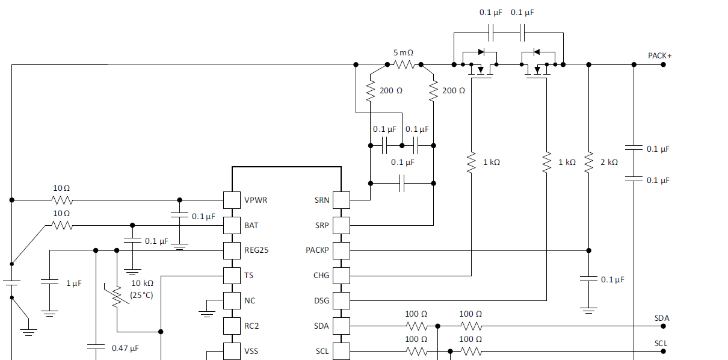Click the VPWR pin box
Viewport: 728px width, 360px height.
coord(232,200)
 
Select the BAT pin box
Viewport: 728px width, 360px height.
coord(232,225)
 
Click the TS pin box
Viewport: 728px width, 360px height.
coord(232,276)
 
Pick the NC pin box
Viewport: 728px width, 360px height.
coord(232,300)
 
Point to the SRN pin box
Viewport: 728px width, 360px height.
coord(341,200)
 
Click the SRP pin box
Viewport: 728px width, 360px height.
coord(341,225)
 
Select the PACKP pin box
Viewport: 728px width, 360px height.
coord(341,250)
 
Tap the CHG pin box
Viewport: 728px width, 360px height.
coord(341,276)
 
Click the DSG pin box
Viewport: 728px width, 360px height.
coord(341,300)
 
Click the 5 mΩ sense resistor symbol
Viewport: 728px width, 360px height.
coord(404,64)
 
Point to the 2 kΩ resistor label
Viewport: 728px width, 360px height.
coord(609,163)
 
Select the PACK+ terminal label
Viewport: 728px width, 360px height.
coord(659,55)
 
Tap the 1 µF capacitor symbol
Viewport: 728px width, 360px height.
coord(50,282)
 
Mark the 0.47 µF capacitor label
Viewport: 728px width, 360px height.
coord(126,348)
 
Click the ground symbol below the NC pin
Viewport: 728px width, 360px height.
coord(207,312)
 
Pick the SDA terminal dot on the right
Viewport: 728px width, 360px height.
coord(663,326)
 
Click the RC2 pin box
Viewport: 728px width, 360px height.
coord(232,326)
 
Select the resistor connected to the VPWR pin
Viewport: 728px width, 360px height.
coord(62,200)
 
